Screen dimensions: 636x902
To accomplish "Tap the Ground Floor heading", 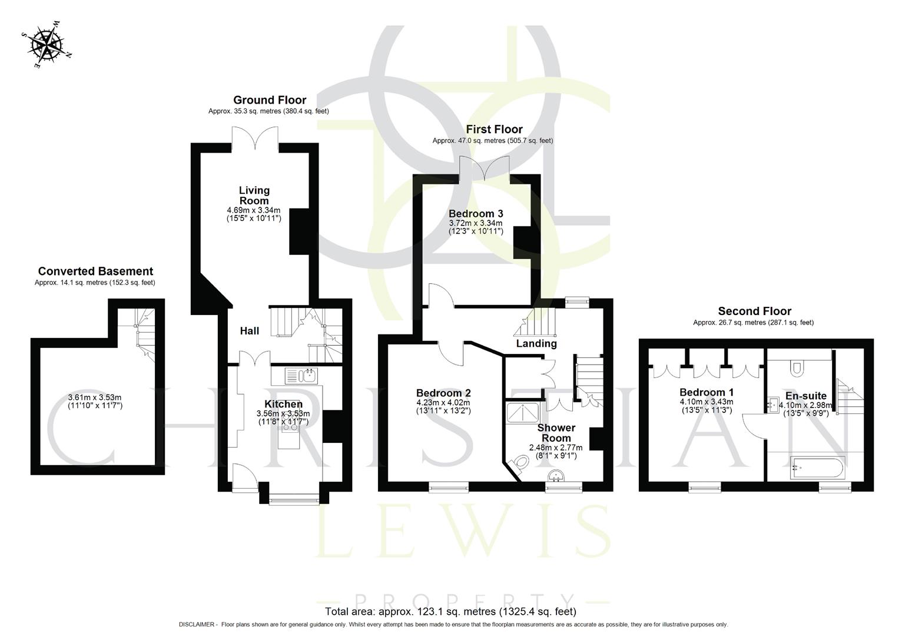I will (x=269, y=100).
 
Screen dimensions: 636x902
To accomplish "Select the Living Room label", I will (x=254, y=195).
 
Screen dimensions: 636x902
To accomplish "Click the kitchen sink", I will (x=301, y=375).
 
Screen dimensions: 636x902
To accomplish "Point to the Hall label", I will (x=249, y=331).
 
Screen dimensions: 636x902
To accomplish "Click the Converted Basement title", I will (x=95, y=271).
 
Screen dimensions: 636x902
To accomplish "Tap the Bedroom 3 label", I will (x=475, y=213).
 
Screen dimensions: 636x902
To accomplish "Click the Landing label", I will (x=536, y=343).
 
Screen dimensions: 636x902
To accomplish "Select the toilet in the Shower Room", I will (x=519, y=464).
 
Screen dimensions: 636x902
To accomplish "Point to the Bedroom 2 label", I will (x=443, y=393).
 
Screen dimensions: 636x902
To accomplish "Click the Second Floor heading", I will (x=754, y=312).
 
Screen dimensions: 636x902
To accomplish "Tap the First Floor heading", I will (x=494, y=130).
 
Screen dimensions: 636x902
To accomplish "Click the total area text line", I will (x=450, y=611).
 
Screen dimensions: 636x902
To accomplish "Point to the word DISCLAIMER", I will (x=198, y=624).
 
